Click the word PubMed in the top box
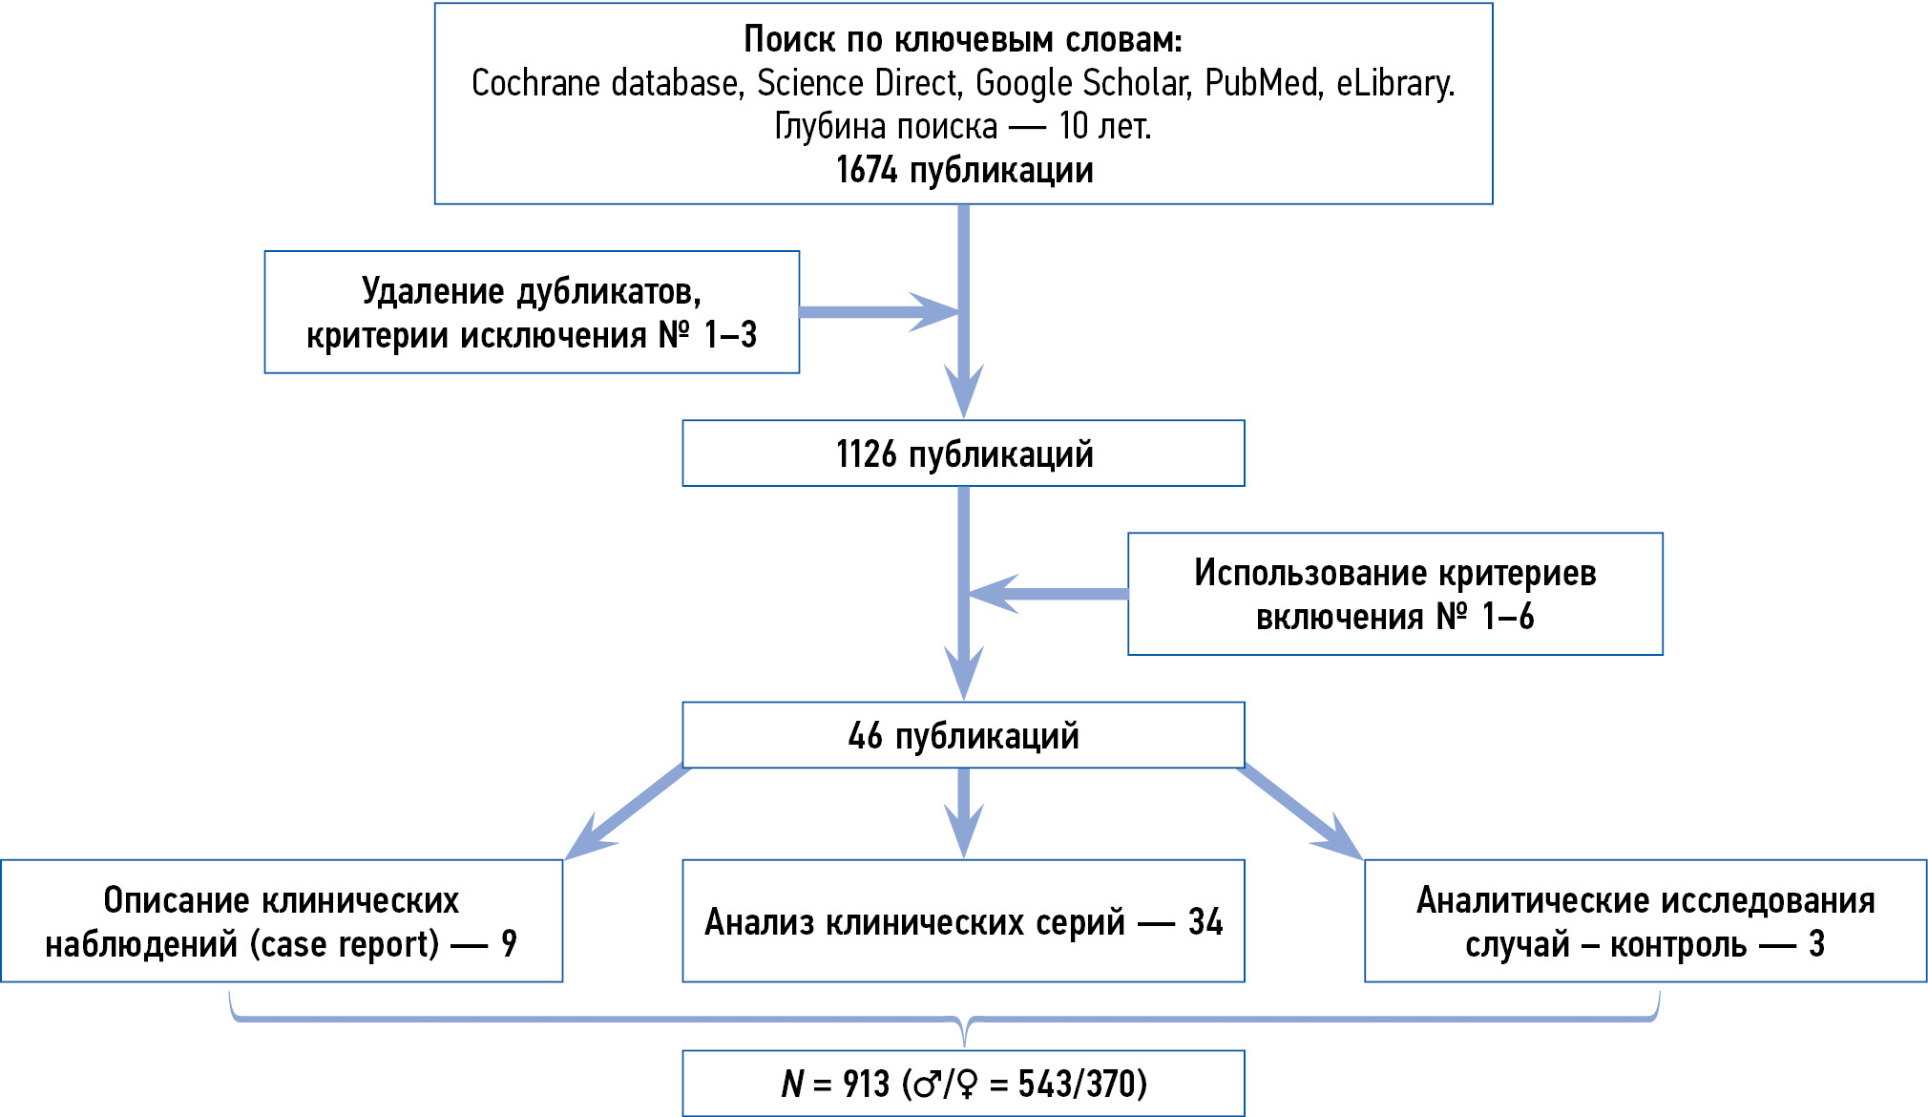click(x=1261, y=84)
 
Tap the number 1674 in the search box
click(x=867, y=171)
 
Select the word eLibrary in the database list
click(x=1394, y=84)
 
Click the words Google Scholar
click(x=1082, y=84)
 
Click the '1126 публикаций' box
click(x=963, y=453)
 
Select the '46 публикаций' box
click(x=963, y=735)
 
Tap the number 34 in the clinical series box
click(x=1205, y=922)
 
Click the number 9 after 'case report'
click(x=509, y=944)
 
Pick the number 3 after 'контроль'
click(x=1816, y=944)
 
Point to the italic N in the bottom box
click(x=792, y=1085)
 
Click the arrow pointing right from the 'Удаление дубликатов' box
click(x=878, y=312)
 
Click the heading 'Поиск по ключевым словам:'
click(x=963, y=40)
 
